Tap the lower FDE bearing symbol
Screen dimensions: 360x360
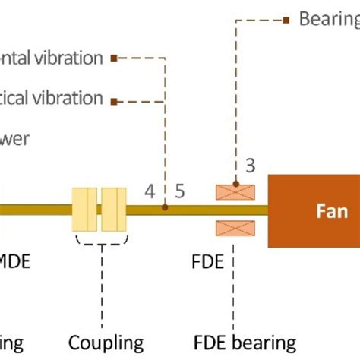(235, 227)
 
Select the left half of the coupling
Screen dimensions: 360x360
(85, 210)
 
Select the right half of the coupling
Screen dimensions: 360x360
(113, 210)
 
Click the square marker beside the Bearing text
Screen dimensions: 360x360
(286, 20)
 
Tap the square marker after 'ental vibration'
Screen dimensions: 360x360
(114, 57)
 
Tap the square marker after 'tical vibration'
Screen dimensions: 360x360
(114, 99)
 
